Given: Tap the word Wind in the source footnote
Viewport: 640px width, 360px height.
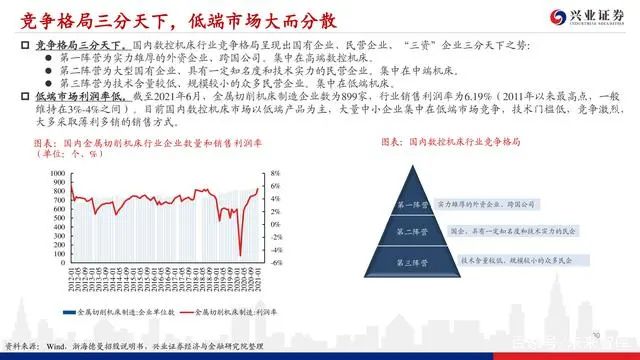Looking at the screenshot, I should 49,346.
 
